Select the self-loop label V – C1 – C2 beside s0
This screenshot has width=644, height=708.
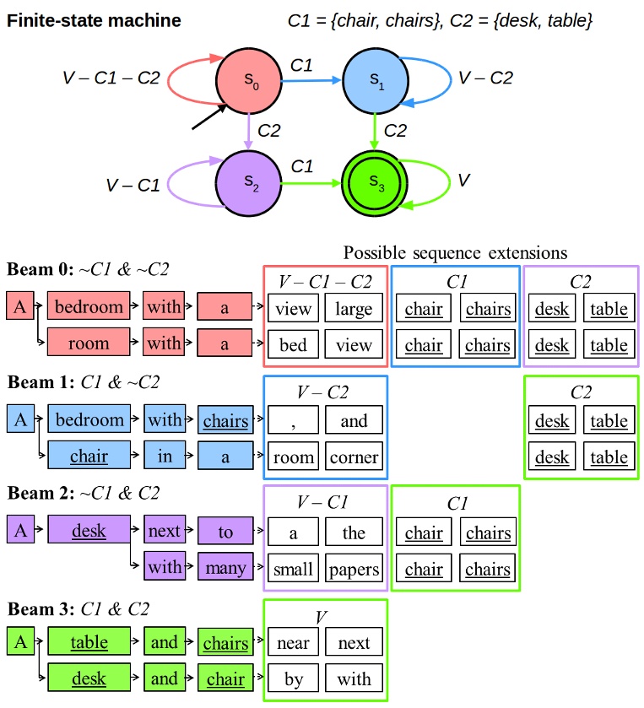coord(111,78)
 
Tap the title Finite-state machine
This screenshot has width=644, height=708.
coord(94,20)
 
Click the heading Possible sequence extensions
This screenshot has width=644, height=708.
coord(455,252)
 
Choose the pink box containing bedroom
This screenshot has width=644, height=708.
coord(89,308)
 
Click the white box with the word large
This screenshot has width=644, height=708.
coord(354,309)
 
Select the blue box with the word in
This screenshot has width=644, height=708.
coord(164,457)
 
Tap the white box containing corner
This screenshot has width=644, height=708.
coord(354,457)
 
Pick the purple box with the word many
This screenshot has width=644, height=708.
coord(225,568)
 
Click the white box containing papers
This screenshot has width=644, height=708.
coord(354,569)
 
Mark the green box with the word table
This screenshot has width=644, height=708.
coord(89,642)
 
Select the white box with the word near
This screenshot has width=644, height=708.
coord(294,643)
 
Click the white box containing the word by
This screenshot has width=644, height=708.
coord(294,679)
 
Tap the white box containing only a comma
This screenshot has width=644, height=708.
coord(294,420)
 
